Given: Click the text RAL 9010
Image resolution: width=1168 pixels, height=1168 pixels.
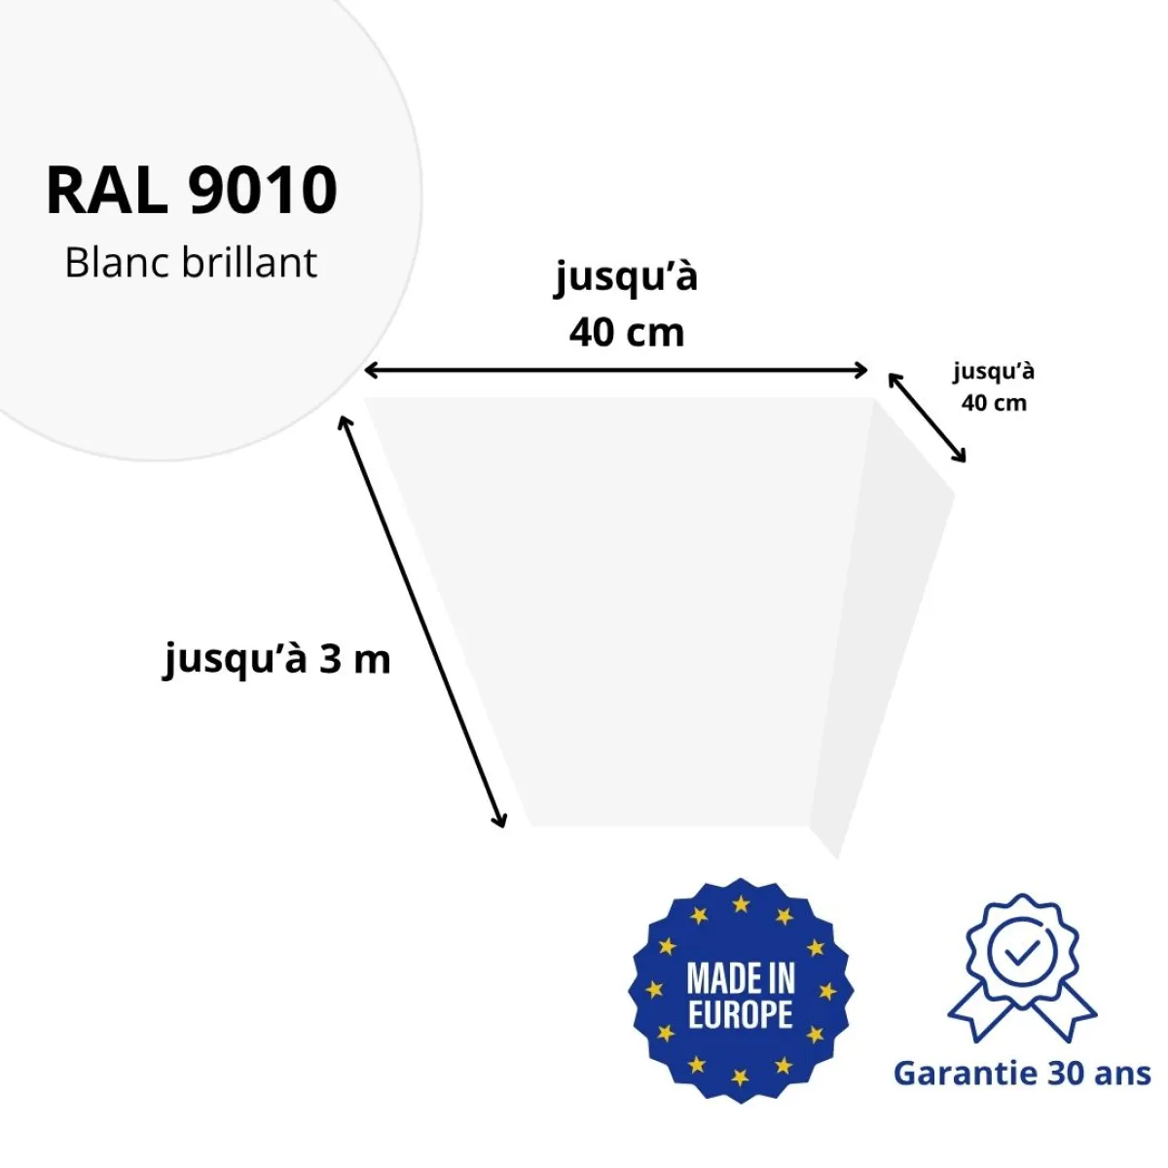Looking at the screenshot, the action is click(192, 190).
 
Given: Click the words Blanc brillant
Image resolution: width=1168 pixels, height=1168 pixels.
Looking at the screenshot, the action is click(191, 263).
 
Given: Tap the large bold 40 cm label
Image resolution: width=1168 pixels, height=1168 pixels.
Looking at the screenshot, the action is click(627, 333).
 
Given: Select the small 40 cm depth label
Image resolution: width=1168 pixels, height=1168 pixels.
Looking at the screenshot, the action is click(994, 403).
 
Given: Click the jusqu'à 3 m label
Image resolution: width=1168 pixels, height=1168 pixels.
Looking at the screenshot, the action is click(276, 661).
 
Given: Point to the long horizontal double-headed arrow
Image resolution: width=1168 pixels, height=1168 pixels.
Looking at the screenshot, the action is click(615, 370).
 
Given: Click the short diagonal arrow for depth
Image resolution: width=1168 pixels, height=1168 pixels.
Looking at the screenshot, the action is click(927, 419).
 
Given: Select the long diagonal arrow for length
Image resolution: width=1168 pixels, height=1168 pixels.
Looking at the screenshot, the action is click(421, 621).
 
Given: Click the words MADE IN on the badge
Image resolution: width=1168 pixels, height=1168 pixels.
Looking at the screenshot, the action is click(741, 979).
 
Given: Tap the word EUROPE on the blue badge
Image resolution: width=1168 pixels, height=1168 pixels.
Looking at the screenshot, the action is click(741, 1015).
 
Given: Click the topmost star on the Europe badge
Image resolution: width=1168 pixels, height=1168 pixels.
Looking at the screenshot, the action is click(741, 904).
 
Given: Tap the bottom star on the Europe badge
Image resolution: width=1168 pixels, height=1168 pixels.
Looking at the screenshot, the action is click(740, 1077).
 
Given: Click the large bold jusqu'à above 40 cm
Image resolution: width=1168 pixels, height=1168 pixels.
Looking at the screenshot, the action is click(627, 278).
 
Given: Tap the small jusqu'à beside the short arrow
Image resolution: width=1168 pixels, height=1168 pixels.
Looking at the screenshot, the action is click(994, 372).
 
